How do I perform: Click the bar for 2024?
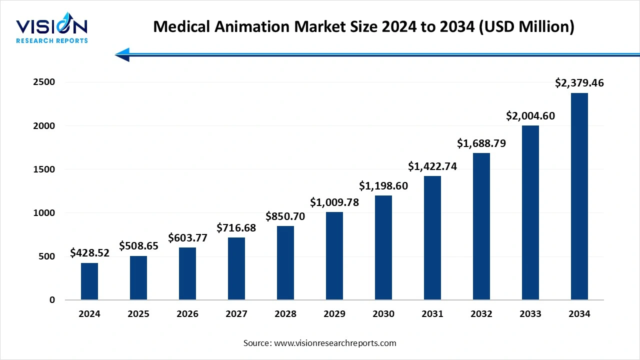89,281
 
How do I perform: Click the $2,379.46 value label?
579,83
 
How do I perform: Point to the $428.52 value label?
89,253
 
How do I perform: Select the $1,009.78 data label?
334,202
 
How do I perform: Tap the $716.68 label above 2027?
236,228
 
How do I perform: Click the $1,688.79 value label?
481,143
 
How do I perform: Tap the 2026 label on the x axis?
187,314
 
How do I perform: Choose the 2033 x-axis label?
530,314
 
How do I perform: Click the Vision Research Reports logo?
52,30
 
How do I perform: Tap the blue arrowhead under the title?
123,54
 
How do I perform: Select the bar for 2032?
481,226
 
